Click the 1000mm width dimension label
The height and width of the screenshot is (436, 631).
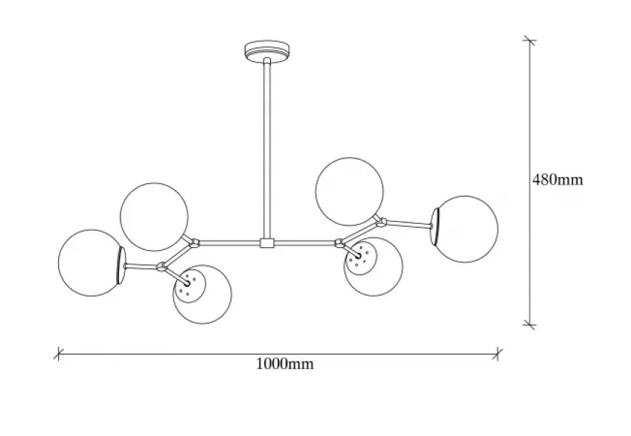(285, 364)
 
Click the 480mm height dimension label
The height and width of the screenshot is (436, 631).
(558, 179)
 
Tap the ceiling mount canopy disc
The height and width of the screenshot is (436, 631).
(267, 51)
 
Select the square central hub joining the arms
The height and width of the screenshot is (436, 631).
(266, 243)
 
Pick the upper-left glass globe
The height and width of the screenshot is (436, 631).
(154, 217)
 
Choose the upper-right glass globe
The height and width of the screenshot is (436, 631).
(350, 191)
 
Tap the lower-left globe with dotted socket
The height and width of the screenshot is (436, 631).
(203, 294)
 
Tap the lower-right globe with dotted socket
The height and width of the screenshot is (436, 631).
(373, 267)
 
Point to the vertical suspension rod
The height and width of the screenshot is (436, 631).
(266, 148)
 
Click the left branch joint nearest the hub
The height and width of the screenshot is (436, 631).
(195, 243)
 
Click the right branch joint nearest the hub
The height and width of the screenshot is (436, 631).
(339, 243)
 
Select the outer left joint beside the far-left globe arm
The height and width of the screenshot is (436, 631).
(161, 266)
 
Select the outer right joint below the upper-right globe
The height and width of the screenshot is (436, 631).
(381, 222)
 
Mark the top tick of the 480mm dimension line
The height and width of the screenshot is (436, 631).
(529, 41)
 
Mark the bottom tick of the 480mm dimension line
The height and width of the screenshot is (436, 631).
(529, 324)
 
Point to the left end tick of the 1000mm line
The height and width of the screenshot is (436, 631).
(58, 355)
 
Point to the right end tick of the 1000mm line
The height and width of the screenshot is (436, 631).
(498, 355)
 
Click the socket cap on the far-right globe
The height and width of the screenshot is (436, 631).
(435, 227)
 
